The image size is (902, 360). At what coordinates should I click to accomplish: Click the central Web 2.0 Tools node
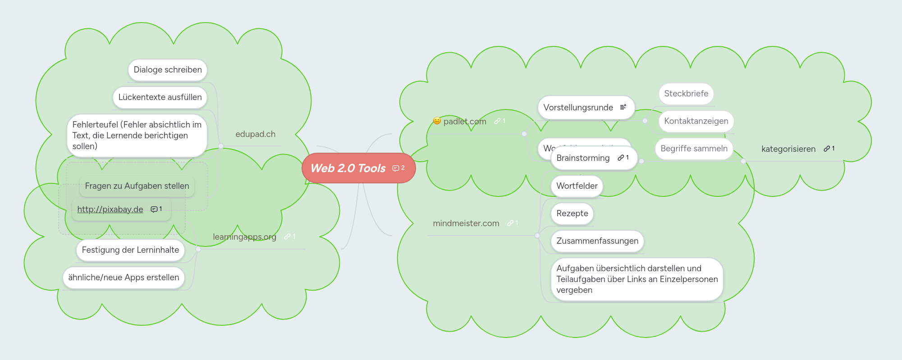(348, 168)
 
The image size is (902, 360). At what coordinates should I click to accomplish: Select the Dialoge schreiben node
(167, 70)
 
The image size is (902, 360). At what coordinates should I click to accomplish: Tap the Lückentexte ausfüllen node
(160, 97)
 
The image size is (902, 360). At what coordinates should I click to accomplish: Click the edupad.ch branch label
(255, 134)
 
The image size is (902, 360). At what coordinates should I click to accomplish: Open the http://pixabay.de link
(110, 210)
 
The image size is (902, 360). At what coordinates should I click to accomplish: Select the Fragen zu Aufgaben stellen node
(137, 186)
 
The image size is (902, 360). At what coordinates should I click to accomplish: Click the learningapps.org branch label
(244, 237)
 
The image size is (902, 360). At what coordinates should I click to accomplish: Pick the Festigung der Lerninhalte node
(130, 250)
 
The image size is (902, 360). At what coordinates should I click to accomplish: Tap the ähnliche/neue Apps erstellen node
(124, 278)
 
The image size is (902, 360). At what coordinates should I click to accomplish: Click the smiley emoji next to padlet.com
(437, 121)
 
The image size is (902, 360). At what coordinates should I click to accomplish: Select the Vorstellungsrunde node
(578, 108)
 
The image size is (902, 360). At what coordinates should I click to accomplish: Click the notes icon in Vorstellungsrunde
(623, 107)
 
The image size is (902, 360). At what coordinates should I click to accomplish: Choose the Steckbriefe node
(686, 94)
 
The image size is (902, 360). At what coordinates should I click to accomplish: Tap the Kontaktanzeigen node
(696, 121)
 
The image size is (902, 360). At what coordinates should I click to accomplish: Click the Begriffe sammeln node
(693, 149)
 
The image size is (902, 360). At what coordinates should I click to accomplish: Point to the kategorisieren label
(788, 149)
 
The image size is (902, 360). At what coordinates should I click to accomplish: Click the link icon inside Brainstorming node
(621, 158)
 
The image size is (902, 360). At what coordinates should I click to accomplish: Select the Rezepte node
(572, 214)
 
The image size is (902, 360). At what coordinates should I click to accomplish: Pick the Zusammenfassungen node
(597, 241)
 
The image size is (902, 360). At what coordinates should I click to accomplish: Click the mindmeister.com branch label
(466, 223)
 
